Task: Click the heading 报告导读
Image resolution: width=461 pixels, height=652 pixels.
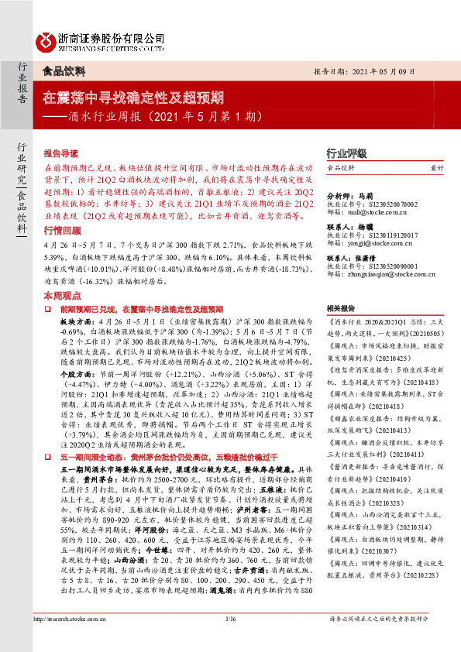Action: (x=61, y=153)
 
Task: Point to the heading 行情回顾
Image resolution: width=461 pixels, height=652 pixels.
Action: (x=61, y=210)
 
